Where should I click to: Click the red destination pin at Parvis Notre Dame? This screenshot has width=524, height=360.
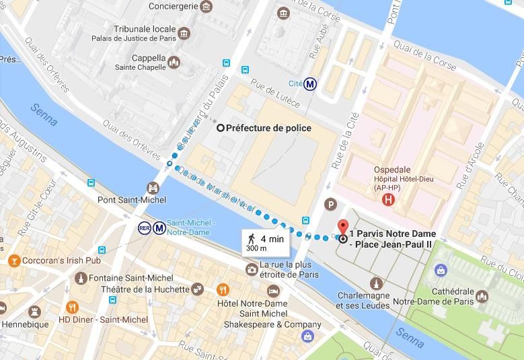[343, 228]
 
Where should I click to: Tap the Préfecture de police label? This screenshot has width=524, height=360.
[268, 128]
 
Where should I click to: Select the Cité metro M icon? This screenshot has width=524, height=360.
[310, 84]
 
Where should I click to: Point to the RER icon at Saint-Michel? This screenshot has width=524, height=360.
[144, 227]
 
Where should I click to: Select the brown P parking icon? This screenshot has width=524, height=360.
[330, 204]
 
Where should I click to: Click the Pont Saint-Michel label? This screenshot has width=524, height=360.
[126, 200]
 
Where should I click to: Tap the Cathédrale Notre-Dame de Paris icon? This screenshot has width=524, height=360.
[481, 296]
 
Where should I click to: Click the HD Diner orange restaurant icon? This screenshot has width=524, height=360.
[73, 308]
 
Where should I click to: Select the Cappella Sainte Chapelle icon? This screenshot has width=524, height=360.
[174, 63]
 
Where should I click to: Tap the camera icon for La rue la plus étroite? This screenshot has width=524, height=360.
[252, 270]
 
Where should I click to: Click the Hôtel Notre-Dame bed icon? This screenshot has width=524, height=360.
[273, 290]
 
